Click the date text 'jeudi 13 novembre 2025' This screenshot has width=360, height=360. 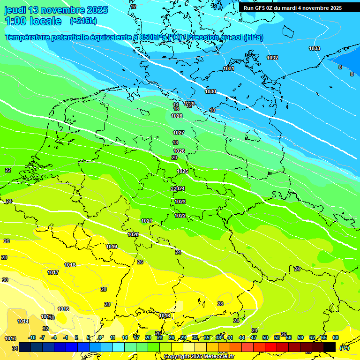[56, 10]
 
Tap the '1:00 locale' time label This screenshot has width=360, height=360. [33, 21]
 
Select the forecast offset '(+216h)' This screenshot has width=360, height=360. [83, 21]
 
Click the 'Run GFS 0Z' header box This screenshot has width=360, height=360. [292, 8]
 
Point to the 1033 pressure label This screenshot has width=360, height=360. [315, 49]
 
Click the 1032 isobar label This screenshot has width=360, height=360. [272, 58]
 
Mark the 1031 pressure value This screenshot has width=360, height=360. [229, 69]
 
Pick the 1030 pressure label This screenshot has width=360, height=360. [210, 91]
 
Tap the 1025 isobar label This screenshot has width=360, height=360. [182, 171]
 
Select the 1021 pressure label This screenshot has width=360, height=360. [147, 221]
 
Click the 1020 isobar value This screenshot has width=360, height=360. [133, 234]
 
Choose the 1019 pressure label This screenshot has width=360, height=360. [112, 247]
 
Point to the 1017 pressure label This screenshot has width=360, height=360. [53, 272]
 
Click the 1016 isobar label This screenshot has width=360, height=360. [63, 309]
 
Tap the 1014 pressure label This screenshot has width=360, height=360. [23, 321]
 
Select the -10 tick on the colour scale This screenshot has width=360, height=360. [32, 337]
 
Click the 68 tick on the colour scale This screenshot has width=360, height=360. [336, 337]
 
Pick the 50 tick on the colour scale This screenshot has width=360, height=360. [265, 337]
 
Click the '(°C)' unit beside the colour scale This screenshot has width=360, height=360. [344, 347]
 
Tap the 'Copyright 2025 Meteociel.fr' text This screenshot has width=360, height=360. [197, 356]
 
